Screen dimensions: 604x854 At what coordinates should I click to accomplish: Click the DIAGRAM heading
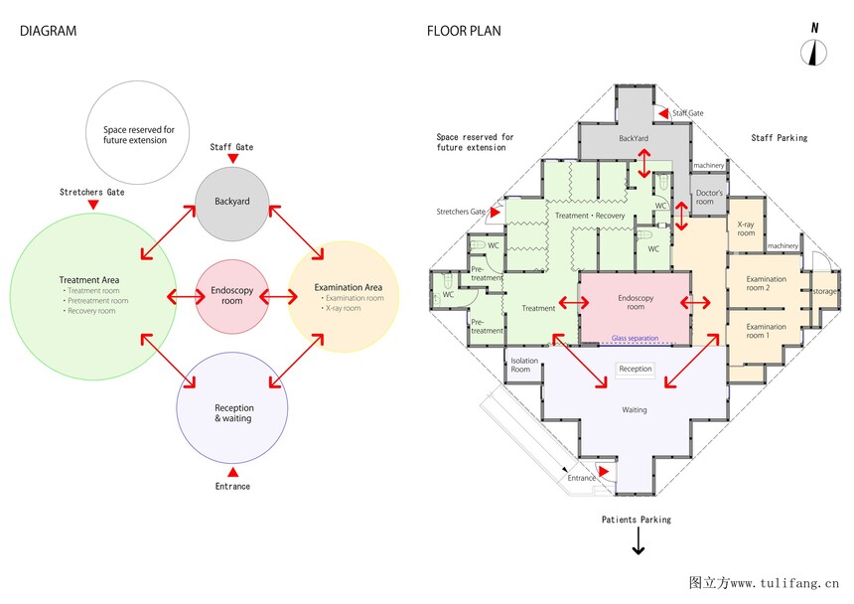tap(48, 31)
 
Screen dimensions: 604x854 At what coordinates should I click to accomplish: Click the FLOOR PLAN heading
tap(464, 31)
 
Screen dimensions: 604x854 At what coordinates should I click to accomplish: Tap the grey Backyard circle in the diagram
tap(231, 203)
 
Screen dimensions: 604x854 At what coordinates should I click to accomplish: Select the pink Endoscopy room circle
tap(231, 296)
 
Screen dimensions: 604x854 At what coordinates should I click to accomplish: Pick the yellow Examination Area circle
tap(343, 296)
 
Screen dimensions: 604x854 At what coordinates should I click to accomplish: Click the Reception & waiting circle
tap(232, 412)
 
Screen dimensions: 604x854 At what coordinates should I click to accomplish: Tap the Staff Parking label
tap(779, 138)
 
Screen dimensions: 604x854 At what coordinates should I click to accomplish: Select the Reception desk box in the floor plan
tap(636, 369)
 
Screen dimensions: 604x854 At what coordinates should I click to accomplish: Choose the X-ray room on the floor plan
tap(746, 229)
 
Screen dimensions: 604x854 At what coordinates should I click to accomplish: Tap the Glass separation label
tap(635, 339)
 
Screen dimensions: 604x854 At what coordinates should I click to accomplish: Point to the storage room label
tap(824, 291)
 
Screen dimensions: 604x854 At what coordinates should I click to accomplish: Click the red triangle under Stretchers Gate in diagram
tap(92, 205)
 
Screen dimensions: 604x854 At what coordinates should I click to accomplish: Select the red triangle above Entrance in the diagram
tap(232, 471)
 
